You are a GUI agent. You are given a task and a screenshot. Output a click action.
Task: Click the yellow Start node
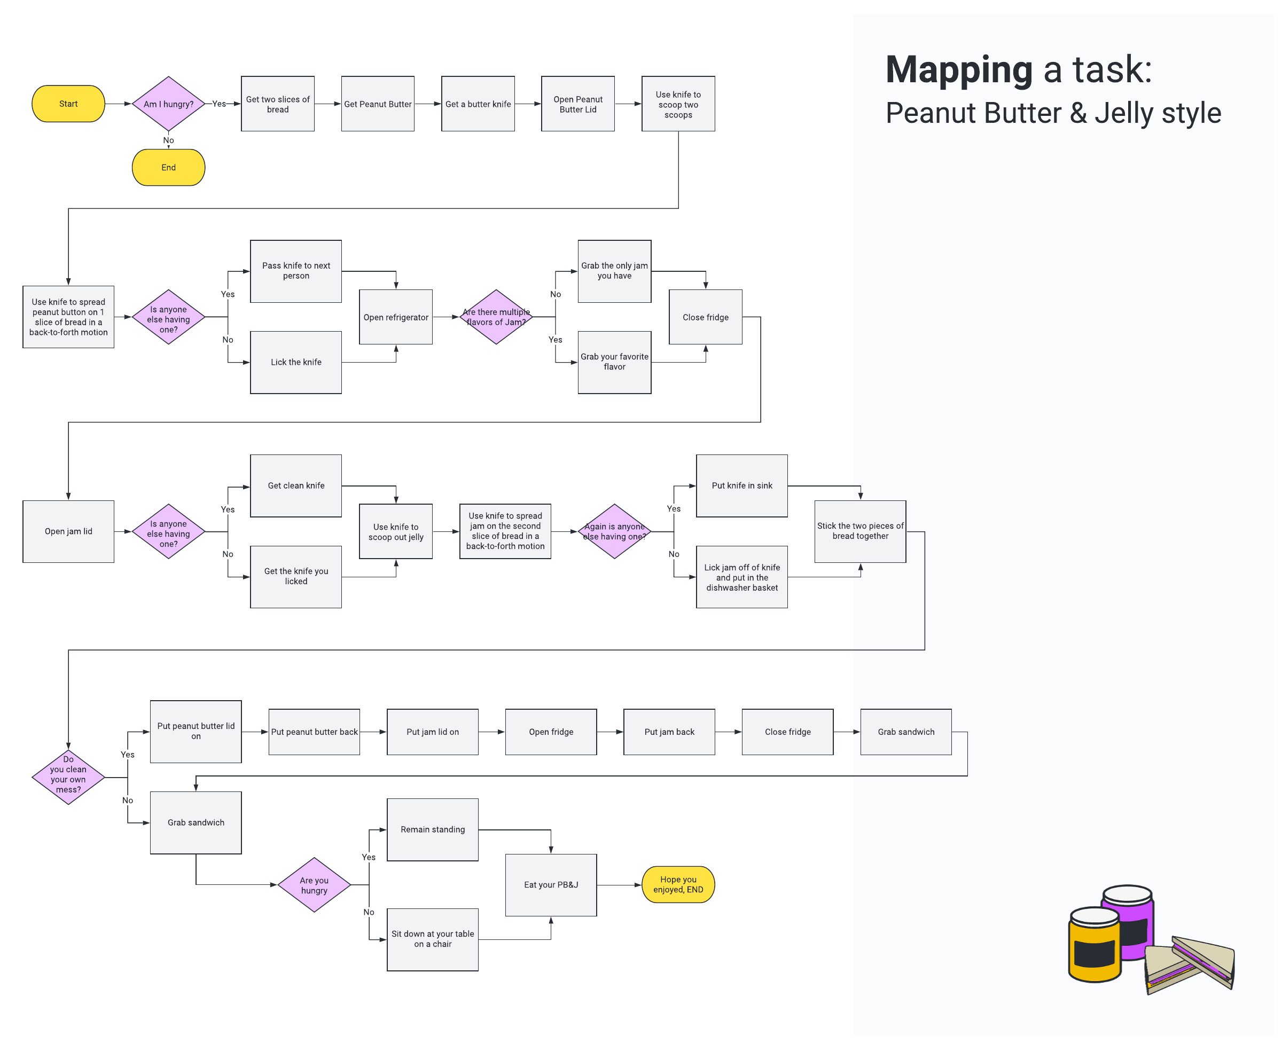[68, 104]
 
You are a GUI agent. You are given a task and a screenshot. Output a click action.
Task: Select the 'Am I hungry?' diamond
[169, 104]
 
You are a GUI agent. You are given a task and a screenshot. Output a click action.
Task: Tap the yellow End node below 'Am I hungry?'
[169, 168]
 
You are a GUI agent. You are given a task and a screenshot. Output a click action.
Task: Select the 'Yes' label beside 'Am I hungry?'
[219, 104]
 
